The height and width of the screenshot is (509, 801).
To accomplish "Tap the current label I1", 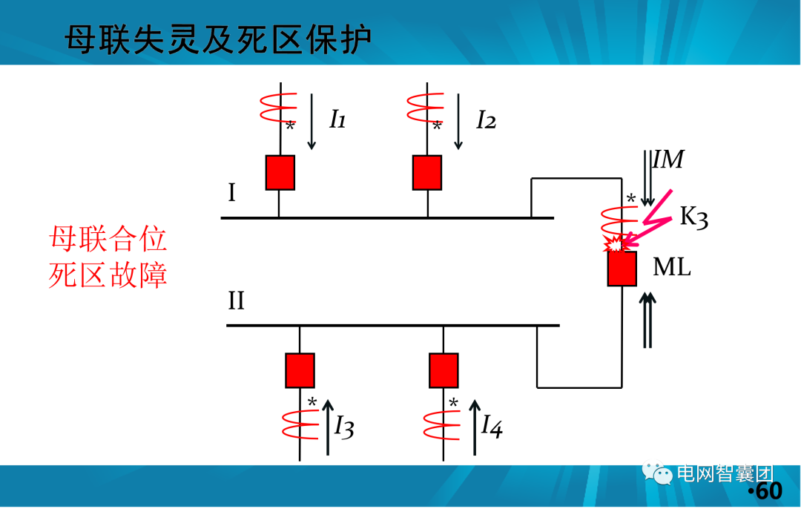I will coord(337,119).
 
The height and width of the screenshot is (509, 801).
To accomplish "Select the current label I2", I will coord(486,119).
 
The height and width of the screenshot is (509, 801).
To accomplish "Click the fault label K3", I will coord(693,217).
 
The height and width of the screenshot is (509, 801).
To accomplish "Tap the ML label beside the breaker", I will coord(671,267).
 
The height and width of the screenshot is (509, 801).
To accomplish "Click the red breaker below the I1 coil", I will coord(280,173).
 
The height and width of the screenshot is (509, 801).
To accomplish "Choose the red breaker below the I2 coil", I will coord(427,173).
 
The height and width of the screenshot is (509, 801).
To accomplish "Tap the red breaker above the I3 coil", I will coord(300,370).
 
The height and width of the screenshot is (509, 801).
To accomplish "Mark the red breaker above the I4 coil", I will coord(444,370).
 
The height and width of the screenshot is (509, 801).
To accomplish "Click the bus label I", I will coord(232,194).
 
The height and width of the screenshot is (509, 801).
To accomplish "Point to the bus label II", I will coord(236,301).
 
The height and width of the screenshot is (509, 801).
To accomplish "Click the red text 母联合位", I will coord(108,240).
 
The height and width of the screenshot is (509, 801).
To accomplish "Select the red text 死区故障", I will coord(108,276).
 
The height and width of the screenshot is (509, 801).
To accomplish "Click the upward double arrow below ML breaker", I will coord(648,319).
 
